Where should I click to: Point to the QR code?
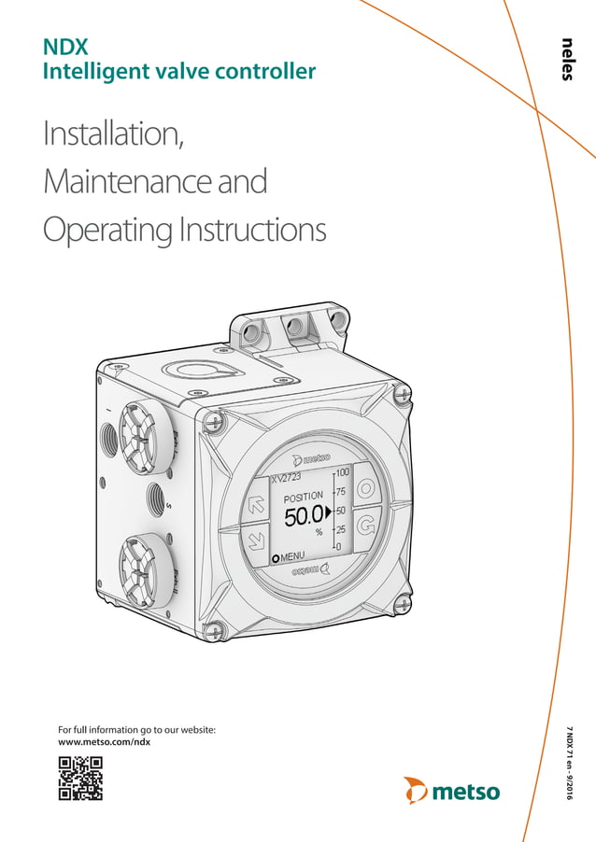(80, 778)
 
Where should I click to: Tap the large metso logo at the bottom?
(452, 791)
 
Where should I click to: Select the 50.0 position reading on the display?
(305, 513)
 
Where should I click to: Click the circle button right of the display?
(367, 490)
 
